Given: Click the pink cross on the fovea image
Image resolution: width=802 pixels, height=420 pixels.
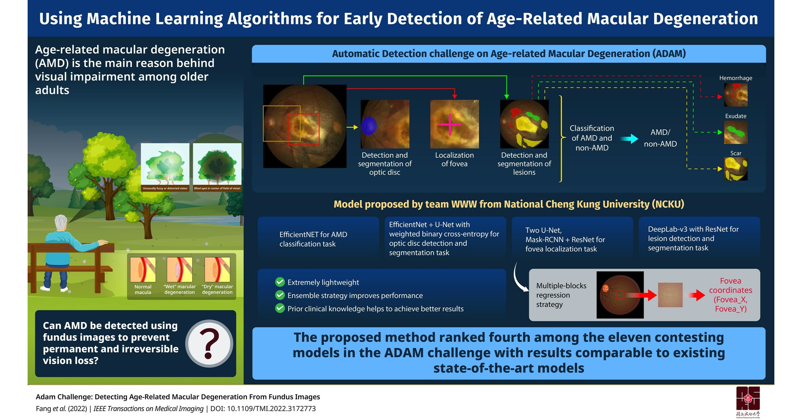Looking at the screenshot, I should [x=450, y=124].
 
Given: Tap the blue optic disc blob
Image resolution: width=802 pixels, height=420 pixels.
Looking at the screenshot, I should [x=369, y=126].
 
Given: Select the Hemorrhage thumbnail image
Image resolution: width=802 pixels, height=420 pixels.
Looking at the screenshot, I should [x=736, y=95].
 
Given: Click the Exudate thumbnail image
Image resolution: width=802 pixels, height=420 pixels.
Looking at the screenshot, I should [x=736, y=132].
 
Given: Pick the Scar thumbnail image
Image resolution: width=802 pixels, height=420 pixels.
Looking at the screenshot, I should [x=736, y=169].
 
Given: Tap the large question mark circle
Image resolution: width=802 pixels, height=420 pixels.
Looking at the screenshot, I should [x=209, y=343].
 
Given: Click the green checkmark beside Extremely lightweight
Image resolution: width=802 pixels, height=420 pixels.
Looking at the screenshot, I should [x=280, y=282].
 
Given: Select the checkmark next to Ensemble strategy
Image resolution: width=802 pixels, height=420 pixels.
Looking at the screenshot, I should [x=280, y=295].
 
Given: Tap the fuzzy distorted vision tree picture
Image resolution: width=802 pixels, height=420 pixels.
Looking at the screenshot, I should [x=165, y=165].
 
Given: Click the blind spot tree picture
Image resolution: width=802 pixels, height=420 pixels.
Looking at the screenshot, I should [x=217, y=165].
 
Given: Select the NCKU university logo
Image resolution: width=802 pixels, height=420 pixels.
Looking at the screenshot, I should [x=748, y=400].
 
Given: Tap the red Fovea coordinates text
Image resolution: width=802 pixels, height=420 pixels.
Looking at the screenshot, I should [x=730, y=295].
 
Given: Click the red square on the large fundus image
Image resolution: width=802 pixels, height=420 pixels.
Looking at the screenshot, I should [x=304, y=129].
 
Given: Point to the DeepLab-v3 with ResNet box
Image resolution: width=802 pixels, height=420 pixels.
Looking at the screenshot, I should [x=699, y=238].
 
